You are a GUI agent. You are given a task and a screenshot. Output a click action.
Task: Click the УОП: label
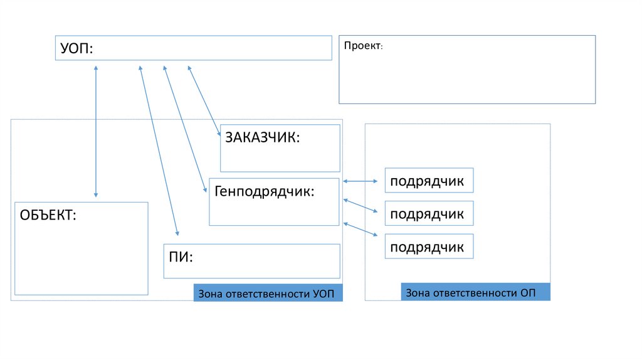pos(76,48)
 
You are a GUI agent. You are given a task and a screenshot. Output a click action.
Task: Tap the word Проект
pos(362,45)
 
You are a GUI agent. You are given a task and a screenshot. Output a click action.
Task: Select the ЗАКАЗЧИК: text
pos(263,137)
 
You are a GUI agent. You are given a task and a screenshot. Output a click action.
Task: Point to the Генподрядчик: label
pos(265,191)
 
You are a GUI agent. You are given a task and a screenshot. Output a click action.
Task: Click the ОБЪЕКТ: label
pos(48,215)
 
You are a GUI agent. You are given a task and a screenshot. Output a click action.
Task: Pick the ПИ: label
pos(181,257)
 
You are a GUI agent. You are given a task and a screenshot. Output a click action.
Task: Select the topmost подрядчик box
pos(429,180)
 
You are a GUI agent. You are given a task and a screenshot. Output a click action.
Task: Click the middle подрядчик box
pos(429,213)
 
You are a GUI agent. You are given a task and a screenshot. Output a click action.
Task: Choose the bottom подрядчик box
pos(429,246)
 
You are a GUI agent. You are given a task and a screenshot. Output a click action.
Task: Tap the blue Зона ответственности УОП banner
pos(268,293)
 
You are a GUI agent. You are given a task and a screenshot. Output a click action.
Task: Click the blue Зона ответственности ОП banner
pos(475,292)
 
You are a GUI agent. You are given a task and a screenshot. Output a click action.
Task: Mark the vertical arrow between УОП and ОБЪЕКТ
pos(96,132)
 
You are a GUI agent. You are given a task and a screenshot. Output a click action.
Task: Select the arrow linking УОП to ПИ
pos(159,151)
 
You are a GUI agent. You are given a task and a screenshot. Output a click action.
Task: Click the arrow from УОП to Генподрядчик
pos(185,129)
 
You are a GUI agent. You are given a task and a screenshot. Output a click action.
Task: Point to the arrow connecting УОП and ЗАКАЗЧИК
pos(204,101)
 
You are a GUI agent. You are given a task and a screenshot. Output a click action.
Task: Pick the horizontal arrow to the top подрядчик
pos(360,181)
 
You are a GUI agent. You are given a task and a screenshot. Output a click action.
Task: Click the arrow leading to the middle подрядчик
pos(360,206)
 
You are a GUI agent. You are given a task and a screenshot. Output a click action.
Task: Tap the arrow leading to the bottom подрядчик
pos(360,230)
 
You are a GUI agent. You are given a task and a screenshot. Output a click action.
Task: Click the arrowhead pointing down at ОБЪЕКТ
pos(96,195)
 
